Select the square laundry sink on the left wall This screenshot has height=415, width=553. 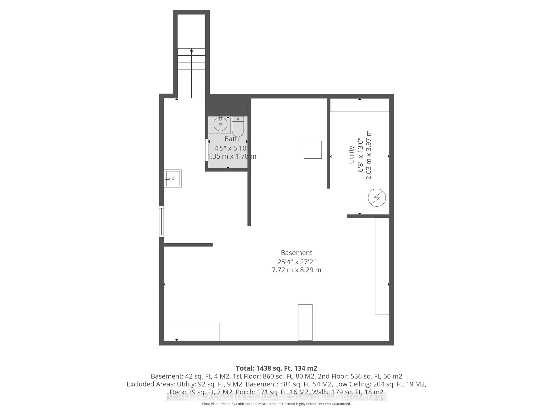173,178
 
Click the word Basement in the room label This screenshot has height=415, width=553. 297,253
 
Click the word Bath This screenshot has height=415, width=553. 232,139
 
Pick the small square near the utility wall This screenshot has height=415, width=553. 313,150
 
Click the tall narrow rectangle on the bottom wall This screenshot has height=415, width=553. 305,322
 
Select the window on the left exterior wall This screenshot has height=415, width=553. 161,222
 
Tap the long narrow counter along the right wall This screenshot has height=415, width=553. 382,266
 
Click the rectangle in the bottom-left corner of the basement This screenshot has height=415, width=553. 192,332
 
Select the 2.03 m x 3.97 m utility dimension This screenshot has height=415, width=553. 369,155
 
